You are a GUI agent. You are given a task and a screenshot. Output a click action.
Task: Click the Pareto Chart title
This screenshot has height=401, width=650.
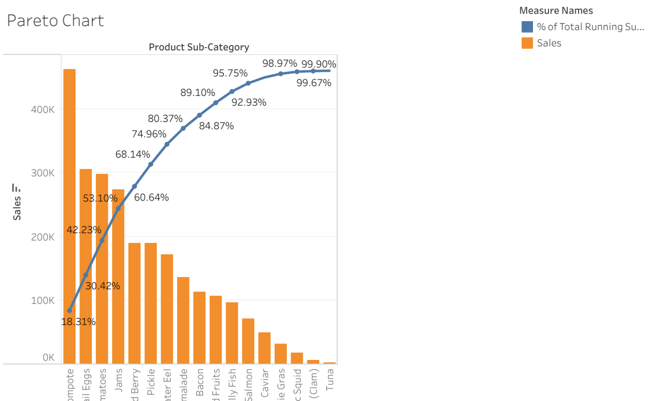pos(56,21)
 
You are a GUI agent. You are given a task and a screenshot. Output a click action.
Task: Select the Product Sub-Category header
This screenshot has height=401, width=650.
pos(199,47)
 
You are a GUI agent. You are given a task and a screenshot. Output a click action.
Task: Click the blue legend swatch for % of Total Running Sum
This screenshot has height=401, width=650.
pos(527,27)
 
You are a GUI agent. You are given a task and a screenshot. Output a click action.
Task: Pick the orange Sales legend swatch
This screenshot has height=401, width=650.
pos(527,43)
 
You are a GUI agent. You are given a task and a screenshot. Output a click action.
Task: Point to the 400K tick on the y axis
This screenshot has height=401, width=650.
pos(43,110)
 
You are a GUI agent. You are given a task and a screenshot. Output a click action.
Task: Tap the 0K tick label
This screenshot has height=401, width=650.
pos(49,358)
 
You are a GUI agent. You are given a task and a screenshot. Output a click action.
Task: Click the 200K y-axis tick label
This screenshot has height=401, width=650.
pos(43,237)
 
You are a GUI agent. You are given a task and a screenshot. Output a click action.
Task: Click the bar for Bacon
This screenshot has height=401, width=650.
pos(199,327)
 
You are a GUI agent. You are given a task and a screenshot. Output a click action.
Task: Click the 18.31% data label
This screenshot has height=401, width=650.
pos(78,322)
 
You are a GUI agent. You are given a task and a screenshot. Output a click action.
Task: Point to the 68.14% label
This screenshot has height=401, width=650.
pos(132,154)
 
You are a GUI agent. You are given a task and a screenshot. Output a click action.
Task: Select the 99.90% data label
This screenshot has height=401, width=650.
pos(319,64)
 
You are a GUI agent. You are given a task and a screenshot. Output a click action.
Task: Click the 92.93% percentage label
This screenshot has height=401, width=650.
pos(249,102)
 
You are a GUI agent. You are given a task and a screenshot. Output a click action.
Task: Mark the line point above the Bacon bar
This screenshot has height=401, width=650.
pos(200,115)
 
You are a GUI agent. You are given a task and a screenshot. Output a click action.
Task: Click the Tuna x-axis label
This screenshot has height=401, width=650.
pos(330,380)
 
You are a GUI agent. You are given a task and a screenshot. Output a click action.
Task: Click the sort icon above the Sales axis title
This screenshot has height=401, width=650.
pos(16,188)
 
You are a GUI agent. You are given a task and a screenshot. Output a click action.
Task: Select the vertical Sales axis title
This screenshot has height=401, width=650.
pos(17,208)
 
